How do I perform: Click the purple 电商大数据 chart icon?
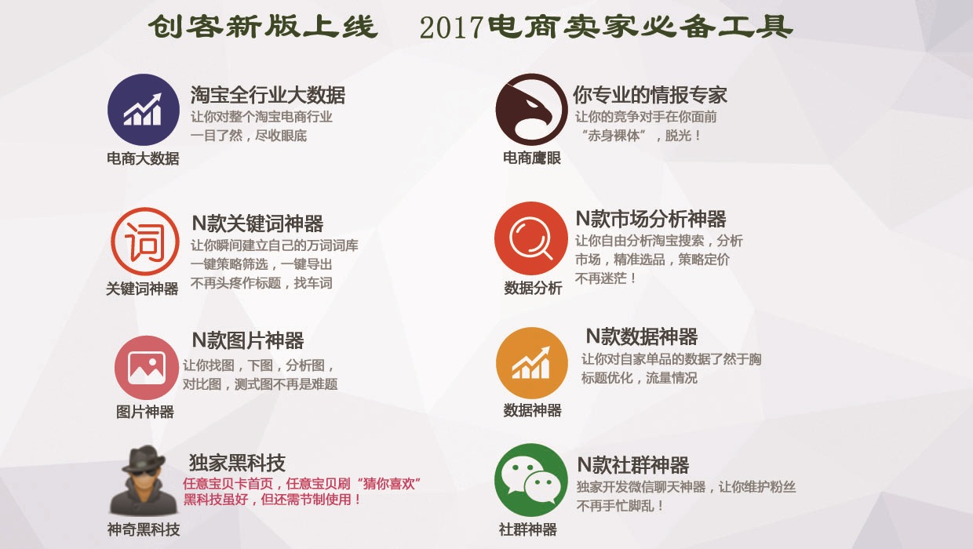coord(144,110)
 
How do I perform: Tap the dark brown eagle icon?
coord(531,110)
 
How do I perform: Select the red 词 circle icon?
coord(145,242)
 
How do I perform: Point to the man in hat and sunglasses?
coord(143,480)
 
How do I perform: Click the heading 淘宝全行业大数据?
coord(268,96)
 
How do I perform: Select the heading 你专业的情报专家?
coord(650,96)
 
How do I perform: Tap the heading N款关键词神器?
coord(257,224)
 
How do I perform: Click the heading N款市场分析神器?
coord(650,219)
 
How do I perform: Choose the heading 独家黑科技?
coord(237,462)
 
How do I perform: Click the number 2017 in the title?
coord(450,28)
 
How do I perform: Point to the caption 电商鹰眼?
coord(532,158)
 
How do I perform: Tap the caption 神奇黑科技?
coord(144,529)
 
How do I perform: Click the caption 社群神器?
coord(527,529)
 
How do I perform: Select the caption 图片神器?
coord(145,412)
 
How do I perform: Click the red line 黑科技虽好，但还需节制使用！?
coord(272,500)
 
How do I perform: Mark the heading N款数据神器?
coord(641,337)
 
